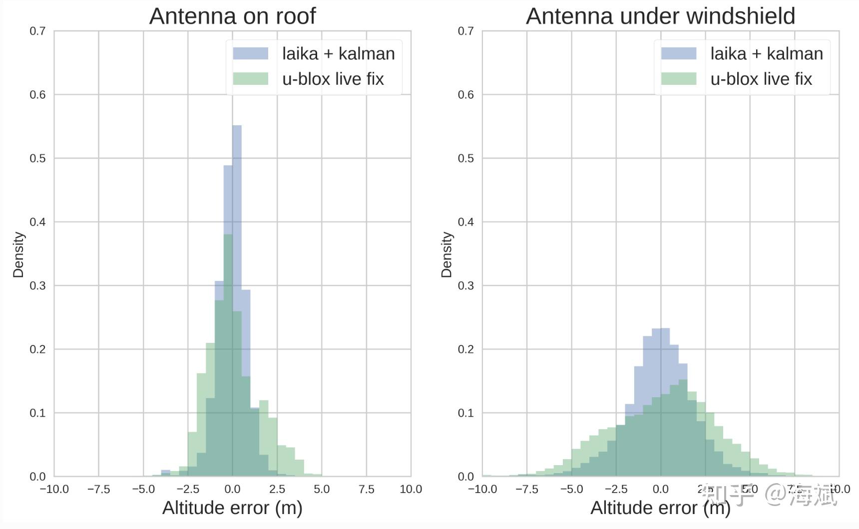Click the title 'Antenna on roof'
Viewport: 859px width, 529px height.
tap(232, 16)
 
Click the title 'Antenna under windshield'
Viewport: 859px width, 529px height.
tap(660, 16)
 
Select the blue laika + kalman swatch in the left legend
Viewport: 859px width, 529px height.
tap(251, 53)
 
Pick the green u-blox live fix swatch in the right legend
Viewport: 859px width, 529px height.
tap(679, 79)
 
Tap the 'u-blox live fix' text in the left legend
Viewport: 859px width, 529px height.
tap(333, 79)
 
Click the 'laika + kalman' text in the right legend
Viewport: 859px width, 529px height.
tap(767, 53)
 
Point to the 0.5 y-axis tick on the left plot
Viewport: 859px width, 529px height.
tap(37, 158)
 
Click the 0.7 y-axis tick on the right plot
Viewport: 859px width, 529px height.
tap(466, 31)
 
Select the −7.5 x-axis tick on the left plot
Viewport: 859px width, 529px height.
tap(98, 489)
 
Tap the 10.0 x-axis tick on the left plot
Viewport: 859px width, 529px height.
tap(411, 489)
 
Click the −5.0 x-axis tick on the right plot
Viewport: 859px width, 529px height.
tap(571, 489)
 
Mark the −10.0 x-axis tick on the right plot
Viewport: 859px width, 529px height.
tap(482, 489)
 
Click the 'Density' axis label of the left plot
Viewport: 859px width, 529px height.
tap(18, 254)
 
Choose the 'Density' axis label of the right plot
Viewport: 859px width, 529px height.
tap(446, 254)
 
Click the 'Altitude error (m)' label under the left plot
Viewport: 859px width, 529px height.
tap(232, 508)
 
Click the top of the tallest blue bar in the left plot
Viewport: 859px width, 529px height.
tap(237, 126)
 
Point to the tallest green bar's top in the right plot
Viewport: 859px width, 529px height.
tap(683, 380)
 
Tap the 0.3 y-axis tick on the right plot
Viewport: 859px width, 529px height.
tap(466, 285)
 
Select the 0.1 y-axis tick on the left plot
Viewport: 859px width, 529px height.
tap(37, 413)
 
